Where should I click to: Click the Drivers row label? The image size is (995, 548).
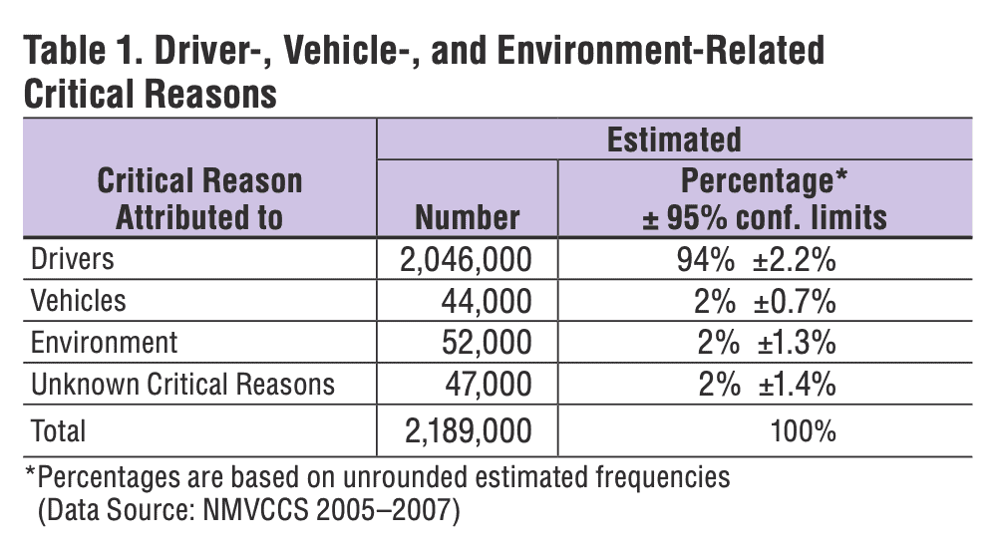point(73,259)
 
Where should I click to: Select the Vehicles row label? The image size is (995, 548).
point(79,300)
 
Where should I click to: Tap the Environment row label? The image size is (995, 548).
point(104,342)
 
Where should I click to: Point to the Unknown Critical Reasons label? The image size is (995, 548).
point(182,384)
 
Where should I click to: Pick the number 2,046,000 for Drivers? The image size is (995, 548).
point(465,260)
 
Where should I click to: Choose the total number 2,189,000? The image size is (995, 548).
point(465,430)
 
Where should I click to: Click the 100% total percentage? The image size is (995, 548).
point(804,430)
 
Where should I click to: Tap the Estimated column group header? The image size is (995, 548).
point(674,138)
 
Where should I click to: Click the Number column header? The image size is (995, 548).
point(468,216)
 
